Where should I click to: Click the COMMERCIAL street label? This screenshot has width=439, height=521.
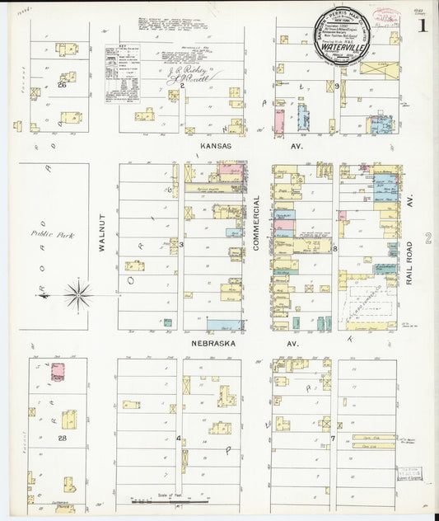pos(257,223)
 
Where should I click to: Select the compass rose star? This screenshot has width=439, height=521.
pos(77,294)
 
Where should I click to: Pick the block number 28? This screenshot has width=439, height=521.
pos(62,439)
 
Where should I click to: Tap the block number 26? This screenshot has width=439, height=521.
pos(62,84)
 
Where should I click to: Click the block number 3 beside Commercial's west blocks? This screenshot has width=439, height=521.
pos(181,244)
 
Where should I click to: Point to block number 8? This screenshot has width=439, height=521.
pos(335,247)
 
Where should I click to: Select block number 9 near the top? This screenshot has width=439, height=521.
pos(337,86)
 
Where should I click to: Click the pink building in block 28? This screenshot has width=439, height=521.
pos(58,371)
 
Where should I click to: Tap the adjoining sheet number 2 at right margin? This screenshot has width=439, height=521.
pos(428,239)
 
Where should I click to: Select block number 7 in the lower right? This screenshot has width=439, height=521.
pos(334,438)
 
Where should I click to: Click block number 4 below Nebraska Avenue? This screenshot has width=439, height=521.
pos(179,438)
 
